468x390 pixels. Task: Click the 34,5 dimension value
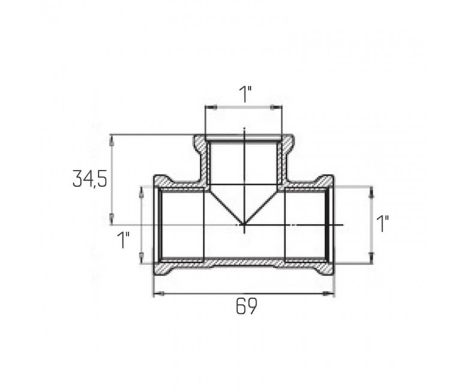pyautogui.click(x=89, y=178)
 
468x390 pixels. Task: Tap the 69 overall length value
pyautogui.click(x=246, y=306)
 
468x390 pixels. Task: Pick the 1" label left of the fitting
pyautogui.click(x=124, y=240)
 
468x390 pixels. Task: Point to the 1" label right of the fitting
pyautogui.click(x=382, y=224)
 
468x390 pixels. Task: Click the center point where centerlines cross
pyautogui.click(x=244, y=224)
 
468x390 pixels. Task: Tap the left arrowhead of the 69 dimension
pyautogui.click(x=158, y=294)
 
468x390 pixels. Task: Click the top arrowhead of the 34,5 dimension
pyautogui.click(x=112, y=140)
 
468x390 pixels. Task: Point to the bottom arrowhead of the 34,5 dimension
pyautogui.click(x=112, y=219)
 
